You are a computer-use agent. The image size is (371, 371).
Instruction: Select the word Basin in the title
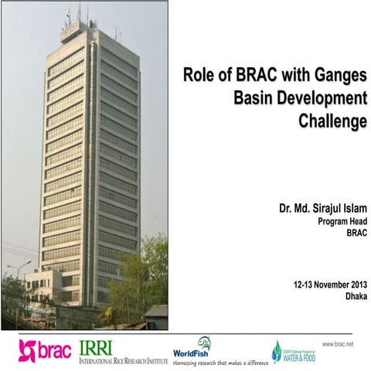point(254,98)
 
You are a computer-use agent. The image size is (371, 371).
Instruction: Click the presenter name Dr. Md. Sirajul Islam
point(322,209)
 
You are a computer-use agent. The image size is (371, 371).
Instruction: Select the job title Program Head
point(341,222)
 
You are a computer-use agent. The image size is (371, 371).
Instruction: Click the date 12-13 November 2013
point(326,284)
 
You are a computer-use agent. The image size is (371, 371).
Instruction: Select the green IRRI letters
point(97,346)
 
